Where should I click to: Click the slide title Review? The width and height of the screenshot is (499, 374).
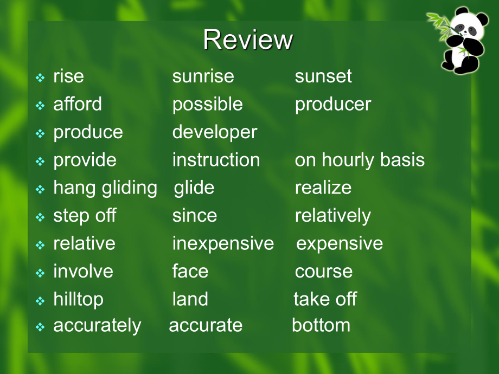[248, 40]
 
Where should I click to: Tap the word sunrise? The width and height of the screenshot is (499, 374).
[203, 76]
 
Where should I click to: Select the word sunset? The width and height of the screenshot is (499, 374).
[323, 76]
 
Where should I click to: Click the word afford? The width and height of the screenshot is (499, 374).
[78, 104]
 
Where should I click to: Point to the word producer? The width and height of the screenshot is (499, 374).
[333, 105]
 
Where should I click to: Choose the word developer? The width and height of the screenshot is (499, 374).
[215, 132]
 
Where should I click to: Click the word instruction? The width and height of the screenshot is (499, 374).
[216, 160]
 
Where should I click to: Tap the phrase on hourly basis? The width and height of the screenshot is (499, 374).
[360, 160]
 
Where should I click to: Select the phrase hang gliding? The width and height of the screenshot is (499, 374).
[105, 188]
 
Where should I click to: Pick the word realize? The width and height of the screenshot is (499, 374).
[323, 188]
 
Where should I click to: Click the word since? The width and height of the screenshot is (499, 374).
[194, 216]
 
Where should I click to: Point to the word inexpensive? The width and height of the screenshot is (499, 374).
[223, 244]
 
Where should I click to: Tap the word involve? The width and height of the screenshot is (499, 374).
[83, 271]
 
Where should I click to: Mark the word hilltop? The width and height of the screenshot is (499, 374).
[78, 300]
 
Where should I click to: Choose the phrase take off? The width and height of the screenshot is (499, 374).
[325, 299]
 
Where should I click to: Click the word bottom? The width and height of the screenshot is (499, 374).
[321, 325]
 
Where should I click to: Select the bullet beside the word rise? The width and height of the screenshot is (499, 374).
[40, 78]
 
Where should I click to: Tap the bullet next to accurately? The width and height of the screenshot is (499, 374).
[40, 327]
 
